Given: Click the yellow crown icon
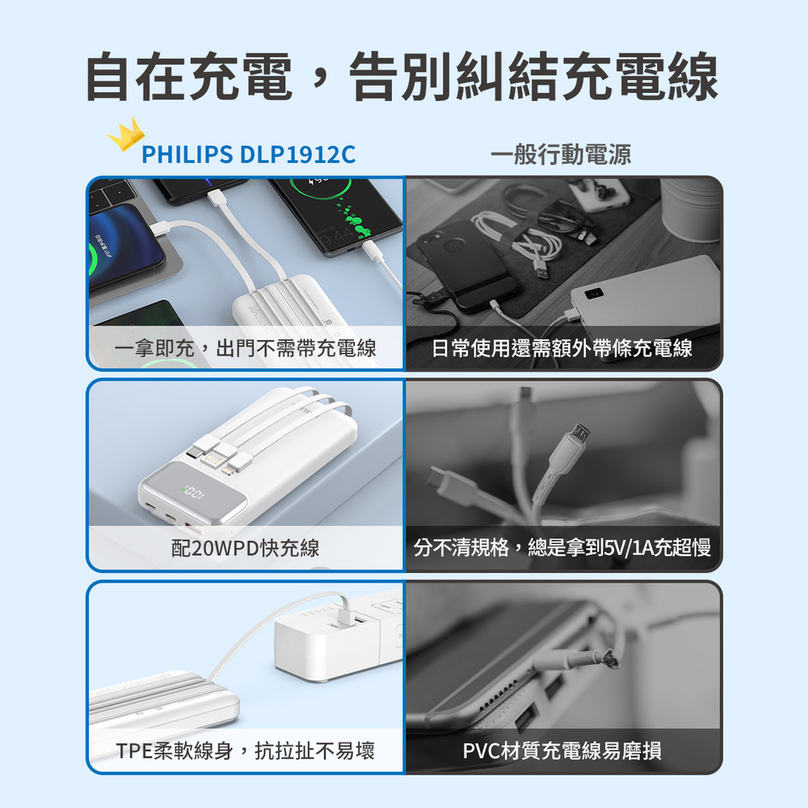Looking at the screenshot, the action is tap(126, 134).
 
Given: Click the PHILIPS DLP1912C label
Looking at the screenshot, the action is tap(248, 154).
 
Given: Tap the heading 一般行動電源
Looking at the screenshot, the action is tap(561, 154).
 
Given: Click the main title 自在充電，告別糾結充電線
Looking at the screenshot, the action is tap(402, 76).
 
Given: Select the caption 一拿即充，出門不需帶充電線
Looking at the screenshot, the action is tap(245, 348).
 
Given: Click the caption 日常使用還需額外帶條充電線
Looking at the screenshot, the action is tap(562, 348).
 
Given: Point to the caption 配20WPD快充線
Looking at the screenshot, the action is tap(246, 548).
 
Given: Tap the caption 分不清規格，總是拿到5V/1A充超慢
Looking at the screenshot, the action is tap(562, 547).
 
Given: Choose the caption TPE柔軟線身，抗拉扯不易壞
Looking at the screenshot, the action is tap(246, 751).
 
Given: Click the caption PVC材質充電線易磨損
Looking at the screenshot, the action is tap(562, 751).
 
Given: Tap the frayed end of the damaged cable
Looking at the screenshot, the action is tap(608, 659).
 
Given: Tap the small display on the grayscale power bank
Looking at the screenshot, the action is tap(594, 293).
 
